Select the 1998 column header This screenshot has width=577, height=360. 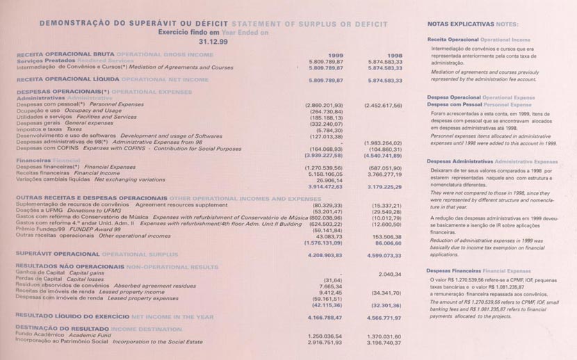394,54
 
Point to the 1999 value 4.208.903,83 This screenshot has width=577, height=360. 325,255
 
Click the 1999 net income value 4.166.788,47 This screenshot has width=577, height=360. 325,316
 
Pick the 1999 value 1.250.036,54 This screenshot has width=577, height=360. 325,336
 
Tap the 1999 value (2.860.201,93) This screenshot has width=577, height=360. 324,105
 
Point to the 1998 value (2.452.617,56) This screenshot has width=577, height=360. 383,105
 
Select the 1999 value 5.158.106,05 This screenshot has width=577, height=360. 325,174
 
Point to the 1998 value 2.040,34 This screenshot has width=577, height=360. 391,274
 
